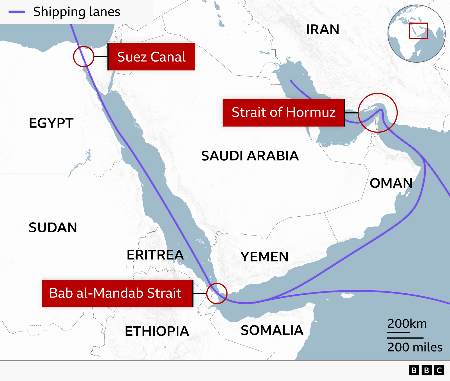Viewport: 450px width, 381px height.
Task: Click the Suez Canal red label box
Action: pyautogui.click(x=151, y=57)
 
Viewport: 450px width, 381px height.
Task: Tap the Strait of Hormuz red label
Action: pyautogui.click(x=283, y=112)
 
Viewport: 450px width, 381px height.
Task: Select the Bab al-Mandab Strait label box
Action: pyautogui.click(x=117, y=293)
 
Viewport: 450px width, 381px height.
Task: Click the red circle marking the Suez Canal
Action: pyautogui.click(x=84, y=56)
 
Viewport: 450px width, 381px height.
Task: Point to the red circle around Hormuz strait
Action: pyautogui.click(x=377, y=113)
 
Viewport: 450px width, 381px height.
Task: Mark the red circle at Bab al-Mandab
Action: pyautogui.click(x=217, y=293)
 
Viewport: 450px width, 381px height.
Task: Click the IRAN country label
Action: pyautogui.click(x=323, y=30)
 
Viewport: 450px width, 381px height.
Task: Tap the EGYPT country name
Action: pyautogui.click(x=51, y=123)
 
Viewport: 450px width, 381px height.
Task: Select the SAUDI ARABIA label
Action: pyautogui.click(x=250, y=156)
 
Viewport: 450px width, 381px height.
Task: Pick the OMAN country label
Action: pyautogui.click(x=391, y=183)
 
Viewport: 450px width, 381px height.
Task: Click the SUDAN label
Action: pyautogui.click(x=53, y=228)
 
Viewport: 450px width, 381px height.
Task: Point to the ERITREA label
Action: pyautogui.click(x=155, y=255)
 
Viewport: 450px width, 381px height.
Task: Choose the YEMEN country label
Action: pyautogui.click(x=264, y=257)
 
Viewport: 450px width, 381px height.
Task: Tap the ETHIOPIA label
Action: pyautogui.click(x=157, y=331)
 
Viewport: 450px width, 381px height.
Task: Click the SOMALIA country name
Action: pyautogui.click(x=272, y=330)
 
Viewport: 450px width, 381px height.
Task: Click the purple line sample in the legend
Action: pyautogui.click(x=17, y=12)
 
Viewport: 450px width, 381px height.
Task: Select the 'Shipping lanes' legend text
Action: pyautogui.click(x=76, y=12)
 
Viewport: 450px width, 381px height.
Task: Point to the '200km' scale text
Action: pyautogui.click(x=407, y=324)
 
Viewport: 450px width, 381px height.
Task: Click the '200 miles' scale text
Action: pyautogui.click(x=415, y=347)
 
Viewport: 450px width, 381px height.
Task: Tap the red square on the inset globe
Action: pyautogui.click(x=418, y=31)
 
